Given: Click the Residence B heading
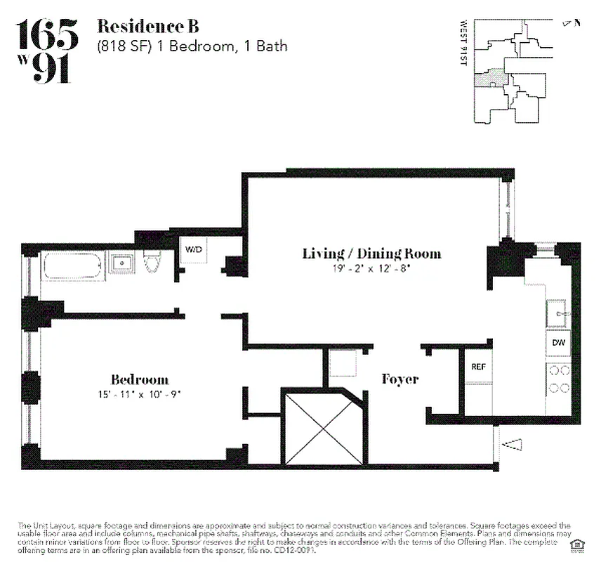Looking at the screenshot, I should point(147,27).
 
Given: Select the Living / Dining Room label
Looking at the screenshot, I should point(371,254).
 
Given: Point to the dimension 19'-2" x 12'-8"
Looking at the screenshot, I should point(371,268).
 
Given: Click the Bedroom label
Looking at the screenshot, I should point(139,379).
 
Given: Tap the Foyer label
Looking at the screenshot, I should point(399,379).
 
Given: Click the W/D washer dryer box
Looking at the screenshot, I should point(193,251).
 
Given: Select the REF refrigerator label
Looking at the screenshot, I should point(478,367).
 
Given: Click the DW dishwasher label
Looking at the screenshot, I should point(559,343).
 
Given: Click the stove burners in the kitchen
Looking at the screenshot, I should point(559,379).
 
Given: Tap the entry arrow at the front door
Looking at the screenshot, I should point(513,443).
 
